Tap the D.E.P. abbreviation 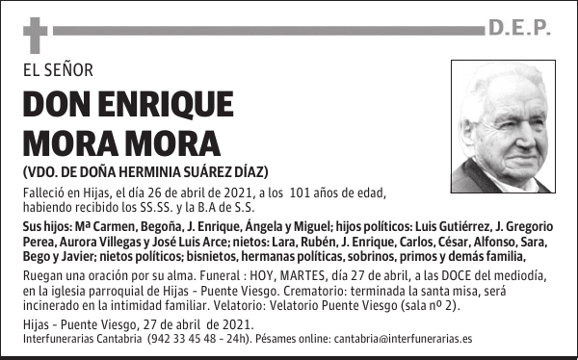[519, 30]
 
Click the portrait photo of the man [502, 126]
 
